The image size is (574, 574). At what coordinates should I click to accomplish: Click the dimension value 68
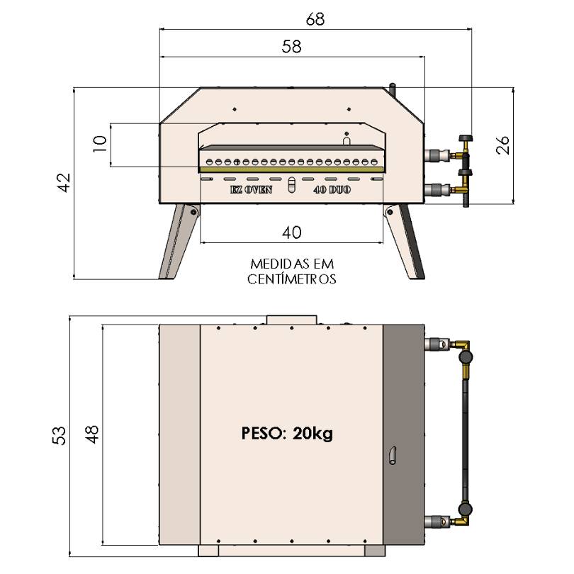tap(315, 19)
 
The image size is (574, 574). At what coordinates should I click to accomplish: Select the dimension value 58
tap(291, 47)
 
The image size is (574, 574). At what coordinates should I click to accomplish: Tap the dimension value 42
tap(64, 183)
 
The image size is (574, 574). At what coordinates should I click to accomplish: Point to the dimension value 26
tap(502, 145)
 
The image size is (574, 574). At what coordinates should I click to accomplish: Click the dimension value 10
tap(100, 144)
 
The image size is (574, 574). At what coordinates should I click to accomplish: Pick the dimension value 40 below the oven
tap(292, 232)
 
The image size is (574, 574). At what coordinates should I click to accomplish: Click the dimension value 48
tap(92, 432)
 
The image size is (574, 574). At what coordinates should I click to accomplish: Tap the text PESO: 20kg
tap(287, 433)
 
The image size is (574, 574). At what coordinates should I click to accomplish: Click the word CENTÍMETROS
tap(292, 279)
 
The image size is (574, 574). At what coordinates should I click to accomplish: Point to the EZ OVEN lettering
tap(251, 190)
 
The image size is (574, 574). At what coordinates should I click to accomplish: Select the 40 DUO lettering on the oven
tap(332, 190)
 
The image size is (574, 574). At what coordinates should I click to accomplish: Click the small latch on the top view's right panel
tap(393, 456)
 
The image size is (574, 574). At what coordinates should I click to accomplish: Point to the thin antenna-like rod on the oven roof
tap(392, 88)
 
